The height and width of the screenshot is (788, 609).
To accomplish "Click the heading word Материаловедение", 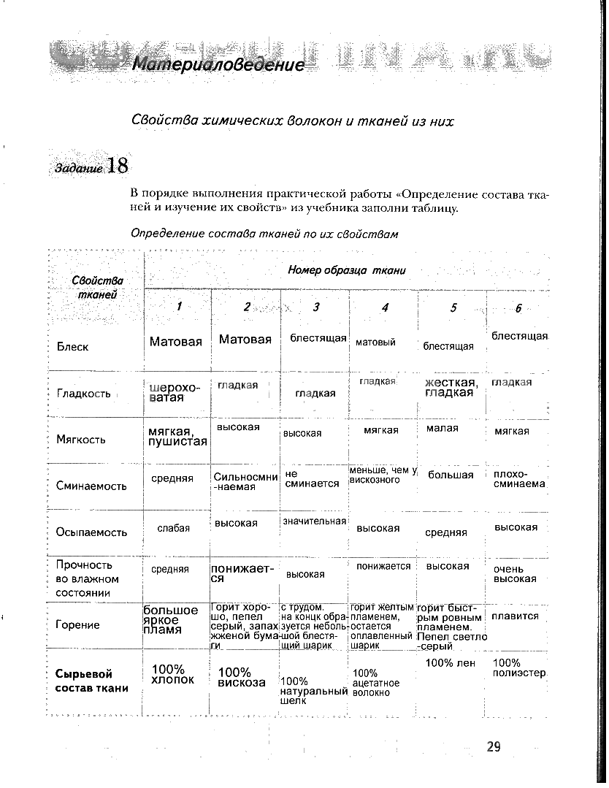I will (x=218, y=65).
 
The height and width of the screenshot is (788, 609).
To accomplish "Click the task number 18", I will (x=118, y=166).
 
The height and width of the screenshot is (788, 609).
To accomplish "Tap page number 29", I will (x=494, y=746).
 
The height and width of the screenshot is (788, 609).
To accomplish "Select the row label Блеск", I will (x=72, y=347).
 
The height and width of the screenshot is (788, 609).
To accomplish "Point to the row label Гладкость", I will (x=83, y=394).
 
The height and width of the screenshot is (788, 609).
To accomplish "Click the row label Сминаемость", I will (x=91, y=486).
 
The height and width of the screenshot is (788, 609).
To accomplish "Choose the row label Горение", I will (x=78, y=624).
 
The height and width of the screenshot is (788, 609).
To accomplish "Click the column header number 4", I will (x=385, y=307).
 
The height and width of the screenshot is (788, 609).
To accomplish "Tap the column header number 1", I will (x=179, y=307).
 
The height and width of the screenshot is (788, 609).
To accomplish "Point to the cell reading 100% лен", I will (x=451, y=663).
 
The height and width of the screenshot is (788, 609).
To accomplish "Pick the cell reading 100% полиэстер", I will (x=519, y=667).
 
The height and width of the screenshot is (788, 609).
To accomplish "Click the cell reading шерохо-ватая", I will (x=174, y=392).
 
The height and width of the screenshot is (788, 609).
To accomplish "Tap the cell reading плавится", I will (x=515, y=616).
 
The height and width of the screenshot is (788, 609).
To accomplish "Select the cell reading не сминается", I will (x=312, y=479).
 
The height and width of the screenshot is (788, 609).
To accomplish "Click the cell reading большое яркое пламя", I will (x=170, y=619).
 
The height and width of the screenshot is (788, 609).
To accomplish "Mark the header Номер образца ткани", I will (x=347, y=270).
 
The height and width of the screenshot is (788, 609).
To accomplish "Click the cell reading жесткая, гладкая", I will (x=451, y=388).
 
